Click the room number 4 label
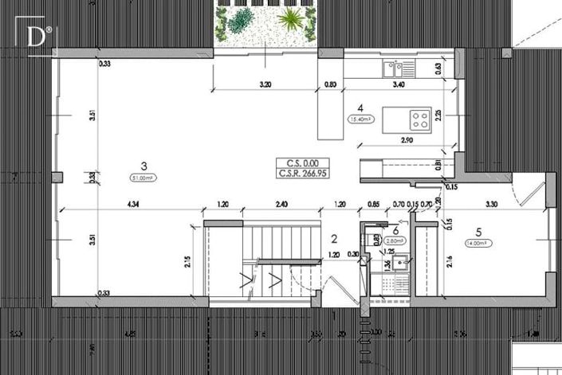(x=361, y=107)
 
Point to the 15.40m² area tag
(x=361, y=119)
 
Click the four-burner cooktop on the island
(x=420, y=119)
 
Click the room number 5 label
(x=479, y=233)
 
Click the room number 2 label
(x=335, y=238)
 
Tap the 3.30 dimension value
(x=491, y=204)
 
